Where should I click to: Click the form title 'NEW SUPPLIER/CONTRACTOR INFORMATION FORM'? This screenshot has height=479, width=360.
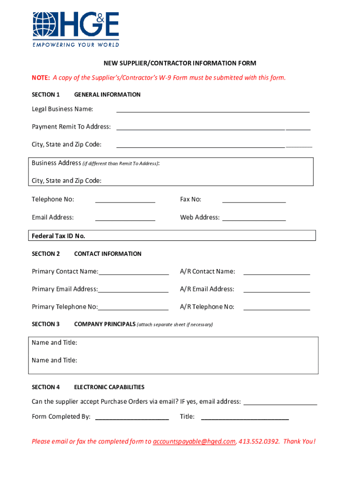click(x=180, y=63)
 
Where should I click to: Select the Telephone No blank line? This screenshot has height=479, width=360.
click(x=125, y=202)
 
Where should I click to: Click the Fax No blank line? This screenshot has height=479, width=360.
click(x=254, y=202)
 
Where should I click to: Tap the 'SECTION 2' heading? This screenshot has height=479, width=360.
click(x=46, y=254)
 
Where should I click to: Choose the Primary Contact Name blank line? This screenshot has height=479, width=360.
click(x=134, y=274)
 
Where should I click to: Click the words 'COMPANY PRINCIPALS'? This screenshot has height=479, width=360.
click(x=105, y=324)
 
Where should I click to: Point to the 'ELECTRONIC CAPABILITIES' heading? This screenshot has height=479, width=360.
click(x=109, y=387)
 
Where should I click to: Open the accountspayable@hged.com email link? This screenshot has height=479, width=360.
click(x=194, y=441)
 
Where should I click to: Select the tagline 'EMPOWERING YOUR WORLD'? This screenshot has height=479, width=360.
click(x=75, y=45)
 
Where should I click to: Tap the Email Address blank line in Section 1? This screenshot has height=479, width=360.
click(x=125, y=219)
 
